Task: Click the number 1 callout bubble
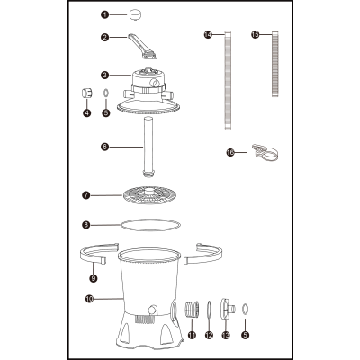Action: [x=104, y=14]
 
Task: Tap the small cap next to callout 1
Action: [x=136, y=14]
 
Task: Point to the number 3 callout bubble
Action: [x=104, y=75]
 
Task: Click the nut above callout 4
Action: [x=87, y=94]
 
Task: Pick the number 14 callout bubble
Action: [x=208, y=35]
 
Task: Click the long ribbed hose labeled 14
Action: [x=228, y=80]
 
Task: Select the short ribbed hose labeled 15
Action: [x=276, y=63]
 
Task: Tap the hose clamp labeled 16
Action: [x=265, y=152]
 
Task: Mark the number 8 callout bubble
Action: [x=86, y=225]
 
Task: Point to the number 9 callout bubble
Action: [x=94, y=278]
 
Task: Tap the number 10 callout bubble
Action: [x=89, y=299]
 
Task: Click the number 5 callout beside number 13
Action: [x=246, y=335]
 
